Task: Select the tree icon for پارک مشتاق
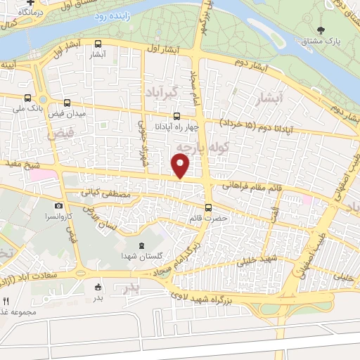point(321,30)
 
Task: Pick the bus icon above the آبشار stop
point(96,42)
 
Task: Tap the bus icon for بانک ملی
point(27,98)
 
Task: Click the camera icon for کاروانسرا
point(58,206)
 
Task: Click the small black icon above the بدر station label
point(98,287)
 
